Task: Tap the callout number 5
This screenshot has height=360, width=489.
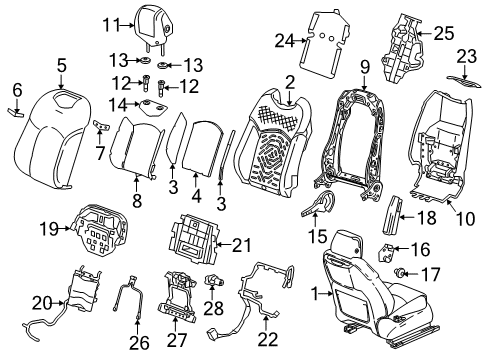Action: click(x=61, y=66)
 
